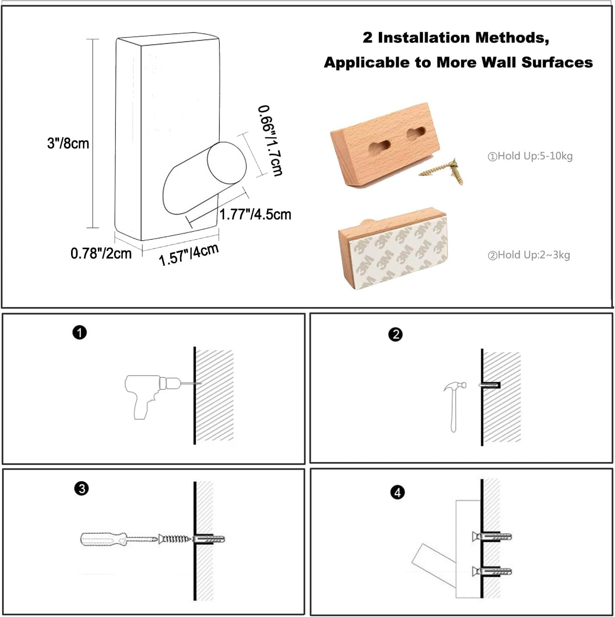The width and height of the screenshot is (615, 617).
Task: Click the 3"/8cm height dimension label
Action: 68,143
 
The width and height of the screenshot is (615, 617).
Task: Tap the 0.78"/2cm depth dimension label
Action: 101,254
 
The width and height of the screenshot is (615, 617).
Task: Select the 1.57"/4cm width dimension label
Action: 189,255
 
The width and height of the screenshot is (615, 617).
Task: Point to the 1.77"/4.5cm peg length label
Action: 255,214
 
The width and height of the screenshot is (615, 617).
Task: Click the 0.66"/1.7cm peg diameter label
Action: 270,141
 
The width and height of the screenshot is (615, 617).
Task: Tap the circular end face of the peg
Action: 227,163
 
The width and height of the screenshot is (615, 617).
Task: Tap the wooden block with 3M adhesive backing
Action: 393,249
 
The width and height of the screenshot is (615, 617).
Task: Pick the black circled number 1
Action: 80,333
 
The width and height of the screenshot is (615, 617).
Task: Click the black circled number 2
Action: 395,334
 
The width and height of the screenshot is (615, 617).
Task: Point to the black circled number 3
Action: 82,488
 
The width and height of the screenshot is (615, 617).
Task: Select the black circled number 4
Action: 397,492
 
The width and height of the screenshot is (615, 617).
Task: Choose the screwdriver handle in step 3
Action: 103,539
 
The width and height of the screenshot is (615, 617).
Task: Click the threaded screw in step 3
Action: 175,539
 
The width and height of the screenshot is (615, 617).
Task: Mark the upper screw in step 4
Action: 492,536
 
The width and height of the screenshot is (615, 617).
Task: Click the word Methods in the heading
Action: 512,38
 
